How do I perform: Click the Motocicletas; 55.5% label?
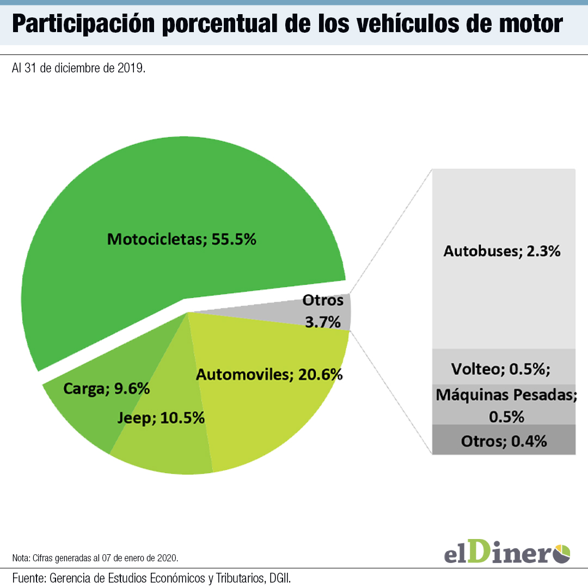tap(181, 239)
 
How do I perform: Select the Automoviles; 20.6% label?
tap(269, 375)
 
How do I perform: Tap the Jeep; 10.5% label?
tap(161, 418)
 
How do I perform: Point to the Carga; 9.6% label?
tap(106, 389)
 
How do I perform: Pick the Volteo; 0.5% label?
tap(501, 369)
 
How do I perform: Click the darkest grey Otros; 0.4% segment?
tap(504, 441)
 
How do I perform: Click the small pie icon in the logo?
tap(562, 553)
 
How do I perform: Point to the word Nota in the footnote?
tap(21, 558)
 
